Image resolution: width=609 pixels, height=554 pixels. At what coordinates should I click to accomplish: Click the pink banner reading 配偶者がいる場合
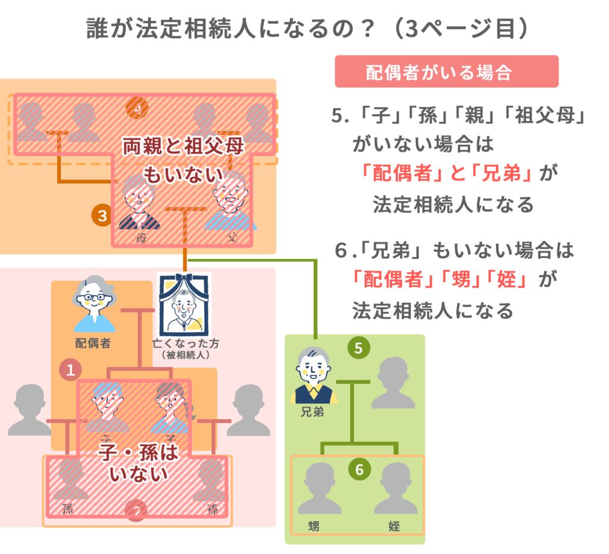coord(447,71)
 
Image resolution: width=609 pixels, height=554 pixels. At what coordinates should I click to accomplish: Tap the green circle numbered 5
coord(358,349)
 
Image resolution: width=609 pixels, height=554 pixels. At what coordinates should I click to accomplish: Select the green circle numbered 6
coord(359,470)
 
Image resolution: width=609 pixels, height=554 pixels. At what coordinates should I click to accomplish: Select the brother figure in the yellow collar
coord(313,377)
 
